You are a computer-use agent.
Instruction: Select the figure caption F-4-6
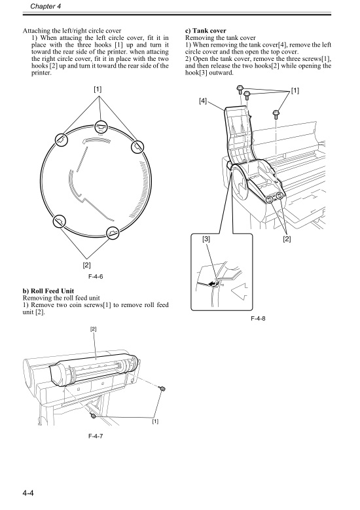pos(97,276)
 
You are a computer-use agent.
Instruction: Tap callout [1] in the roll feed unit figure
pos(154,421)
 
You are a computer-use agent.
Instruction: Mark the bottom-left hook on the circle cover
pos(58,221)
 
